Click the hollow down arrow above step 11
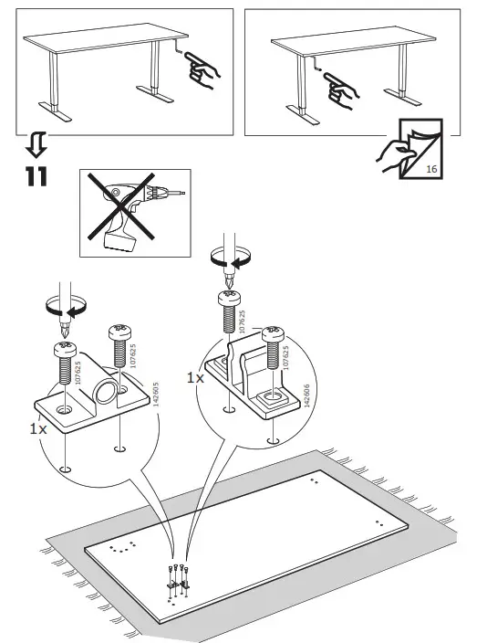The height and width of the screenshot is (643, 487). click(x=34, y=144)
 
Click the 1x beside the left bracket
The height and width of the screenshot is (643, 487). click(x=39, y=427)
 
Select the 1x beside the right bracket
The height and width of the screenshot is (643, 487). click(x=194, y=376)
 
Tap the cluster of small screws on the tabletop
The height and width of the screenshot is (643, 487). click(x=178, y=577)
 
